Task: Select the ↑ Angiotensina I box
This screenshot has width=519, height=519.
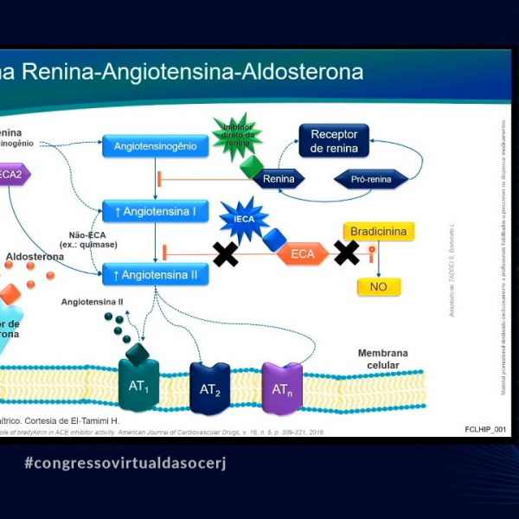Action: (x=156, y=211)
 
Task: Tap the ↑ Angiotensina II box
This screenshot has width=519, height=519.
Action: (x=156, y=275)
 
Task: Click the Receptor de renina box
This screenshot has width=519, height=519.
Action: (x=334, y=140)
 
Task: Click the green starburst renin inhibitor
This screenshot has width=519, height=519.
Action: (x=237, y=136)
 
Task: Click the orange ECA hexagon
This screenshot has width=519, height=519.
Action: (x=303, y=253)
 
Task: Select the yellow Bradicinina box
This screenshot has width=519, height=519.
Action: (x=379, y=232)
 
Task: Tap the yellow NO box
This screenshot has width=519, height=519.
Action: (x=379, y=286)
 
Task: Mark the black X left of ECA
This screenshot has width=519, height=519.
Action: (x=226, y=253)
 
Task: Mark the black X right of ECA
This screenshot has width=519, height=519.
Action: (x=347, y=253)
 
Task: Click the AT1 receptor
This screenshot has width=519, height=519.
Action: (x=138, y=386)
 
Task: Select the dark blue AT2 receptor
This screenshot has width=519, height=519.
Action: (x=210, y=388)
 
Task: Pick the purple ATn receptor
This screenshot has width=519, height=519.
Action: (x=282, y=388)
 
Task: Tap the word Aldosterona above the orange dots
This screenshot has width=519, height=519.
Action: (x=35, y=257)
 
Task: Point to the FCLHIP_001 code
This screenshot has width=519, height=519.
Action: (x=484, y=430)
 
